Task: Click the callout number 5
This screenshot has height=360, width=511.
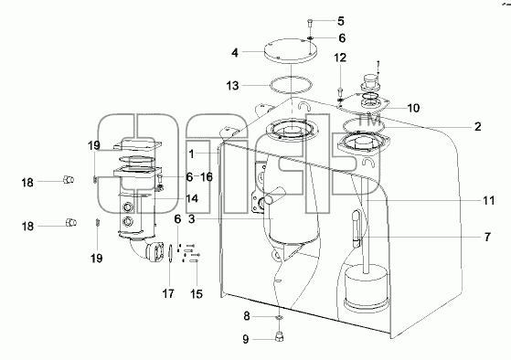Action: point(341,22)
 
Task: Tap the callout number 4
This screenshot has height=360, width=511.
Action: point(235,53)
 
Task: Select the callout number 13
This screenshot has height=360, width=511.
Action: point(233,86)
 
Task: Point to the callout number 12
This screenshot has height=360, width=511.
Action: point(340,58)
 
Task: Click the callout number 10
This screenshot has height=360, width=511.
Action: point(413,108)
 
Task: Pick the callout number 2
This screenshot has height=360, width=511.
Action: point(477,127)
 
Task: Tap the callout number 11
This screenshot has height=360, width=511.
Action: point(488,201)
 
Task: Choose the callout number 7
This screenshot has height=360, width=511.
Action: point(487,238)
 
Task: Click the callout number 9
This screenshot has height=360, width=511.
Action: point(246,340)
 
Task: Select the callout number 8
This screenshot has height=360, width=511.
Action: point(247,316)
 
